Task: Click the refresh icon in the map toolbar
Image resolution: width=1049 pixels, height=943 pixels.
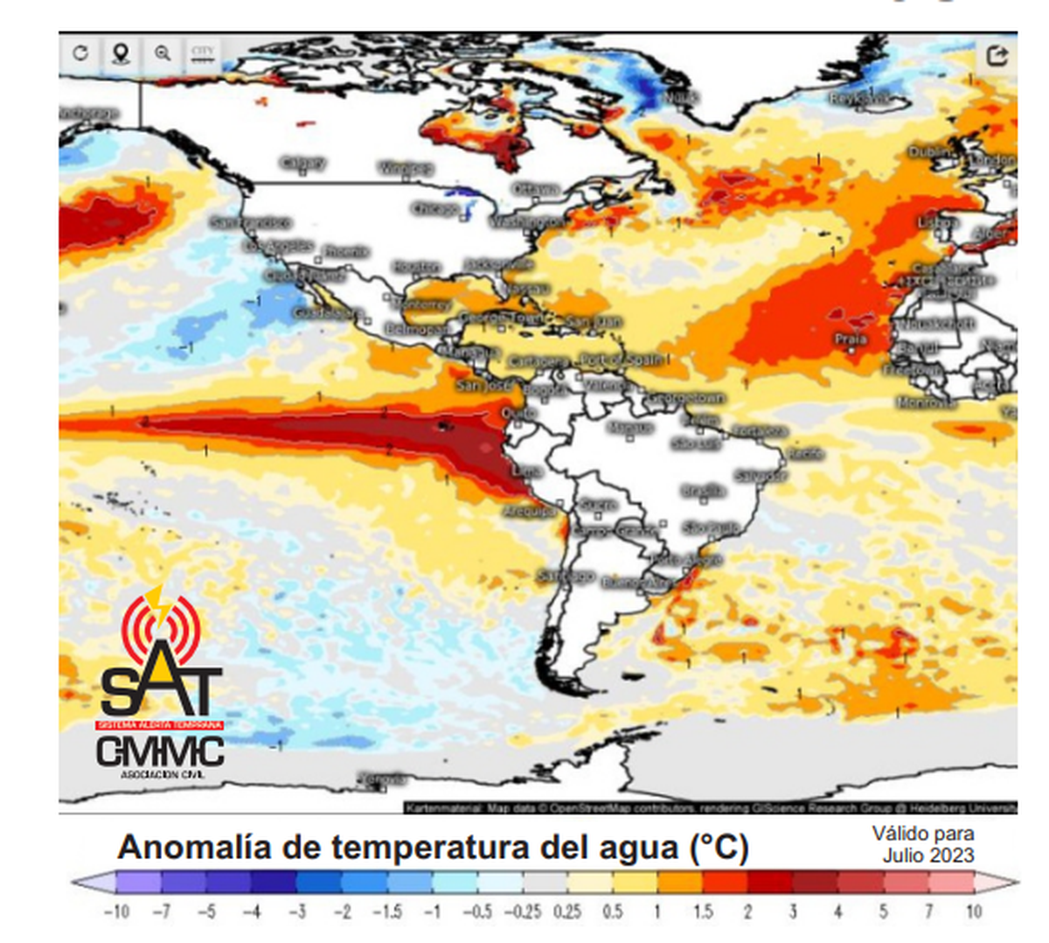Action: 80,53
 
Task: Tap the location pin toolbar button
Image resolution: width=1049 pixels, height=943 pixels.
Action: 121,53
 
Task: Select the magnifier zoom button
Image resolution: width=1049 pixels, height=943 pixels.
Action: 163,53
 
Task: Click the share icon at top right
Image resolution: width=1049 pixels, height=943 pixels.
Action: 997,56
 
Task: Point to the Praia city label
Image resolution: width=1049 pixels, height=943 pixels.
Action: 850,339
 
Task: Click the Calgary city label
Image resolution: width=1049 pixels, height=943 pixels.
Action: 302,163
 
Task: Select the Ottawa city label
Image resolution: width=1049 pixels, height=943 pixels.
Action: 535,189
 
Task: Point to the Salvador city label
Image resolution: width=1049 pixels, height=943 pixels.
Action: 759,476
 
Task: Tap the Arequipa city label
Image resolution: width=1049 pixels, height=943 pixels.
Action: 529,510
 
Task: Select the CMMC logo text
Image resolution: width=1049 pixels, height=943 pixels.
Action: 160,751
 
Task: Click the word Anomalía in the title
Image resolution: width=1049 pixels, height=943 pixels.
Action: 193,847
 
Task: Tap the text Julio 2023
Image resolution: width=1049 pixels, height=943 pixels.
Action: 927,855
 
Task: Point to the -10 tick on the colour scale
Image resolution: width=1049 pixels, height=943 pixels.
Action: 116,912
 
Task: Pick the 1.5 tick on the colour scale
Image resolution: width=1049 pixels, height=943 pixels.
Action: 703,912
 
